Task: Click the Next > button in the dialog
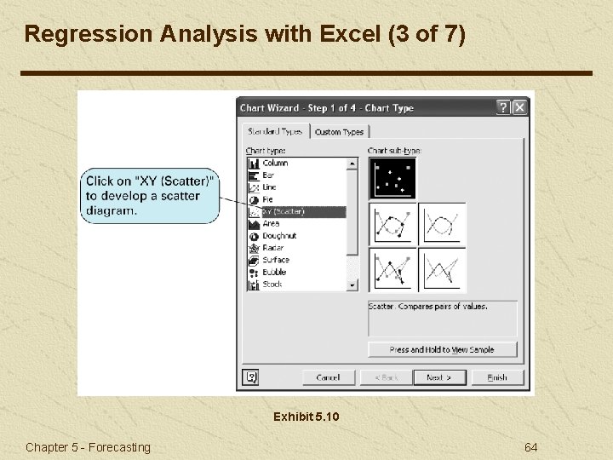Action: tap(438, 377)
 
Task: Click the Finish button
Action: tap(496, 377)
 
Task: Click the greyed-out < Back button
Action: tap(386, 377)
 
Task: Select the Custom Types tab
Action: tap(339, 132)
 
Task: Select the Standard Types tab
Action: tap(275, 132)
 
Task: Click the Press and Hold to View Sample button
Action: tap(443, 349)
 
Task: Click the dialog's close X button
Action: tap(519, 107)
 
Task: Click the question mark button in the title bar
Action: tap(503, 107)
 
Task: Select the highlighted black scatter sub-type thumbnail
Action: tap(392, 178)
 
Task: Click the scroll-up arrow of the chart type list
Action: tap(352, 163)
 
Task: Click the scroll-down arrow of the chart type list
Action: tap(352, 285)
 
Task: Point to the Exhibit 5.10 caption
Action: tap(306, 417)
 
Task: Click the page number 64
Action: tap(530, 447)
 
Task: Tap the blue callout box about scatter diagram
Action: tap(151, 196)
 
